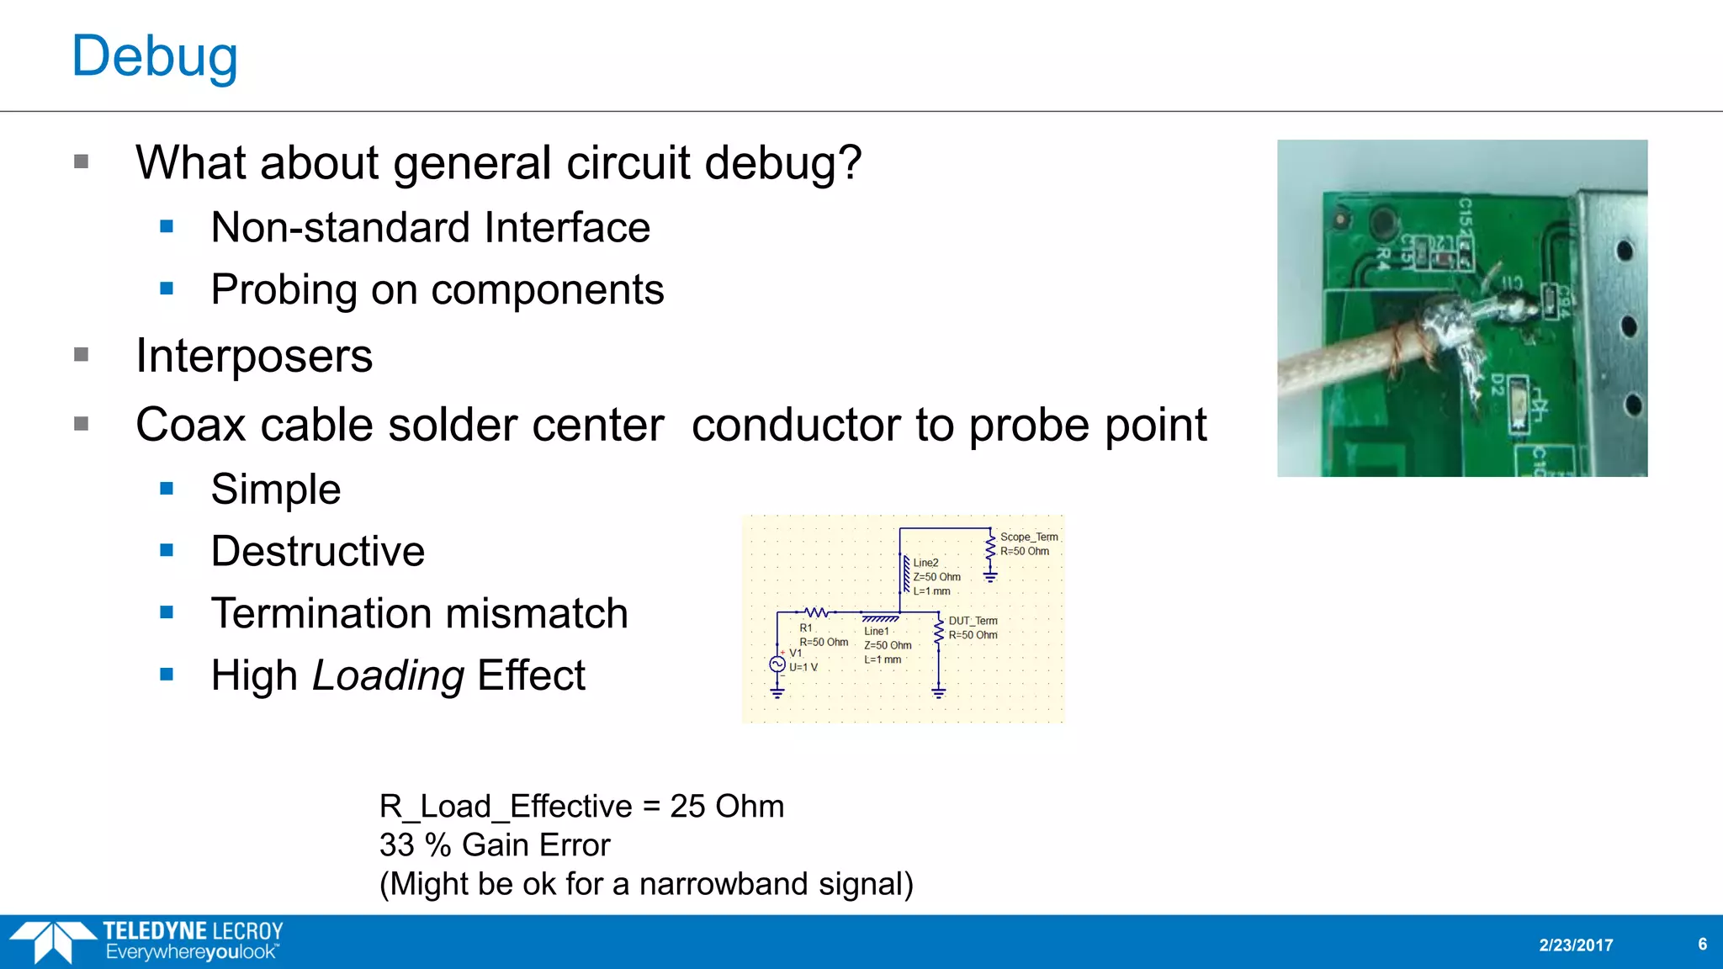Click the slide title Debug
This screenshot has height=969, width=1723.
tap(155, 57)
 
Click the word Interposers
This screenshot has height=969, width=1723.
tap(253, 356)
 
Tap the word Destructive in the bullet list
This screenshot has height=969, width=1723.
tap(317, 552)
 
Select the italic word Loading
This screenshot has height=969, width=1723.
tap(388, 675)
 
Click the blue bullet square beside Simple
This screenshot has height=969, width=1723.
tap(167, 489)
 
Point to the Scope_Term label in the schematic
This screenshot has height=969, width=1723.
tap(1028, 537)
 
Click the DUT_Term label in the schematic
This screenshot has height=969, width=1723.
tap(973, 621)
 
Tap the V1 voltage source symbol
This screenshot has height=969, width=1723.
tap(777, 665)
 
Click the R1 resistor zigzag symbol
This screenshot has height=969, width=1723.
tap(816, 612)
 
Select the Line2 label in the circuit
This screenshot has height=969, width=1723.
tap(925, 563)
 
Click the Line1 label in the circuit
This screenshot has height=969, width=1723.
tap(876, 631)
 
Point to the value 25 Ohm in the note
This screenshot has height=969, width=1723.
tap(727, 807)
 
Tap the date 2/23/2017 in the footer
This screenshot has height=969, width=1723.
tap(1576, 945)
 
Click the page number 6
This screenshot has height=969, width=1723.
tap(1702, 945)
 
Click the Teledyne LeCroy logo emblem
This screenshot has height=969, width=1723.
tap(52, 941)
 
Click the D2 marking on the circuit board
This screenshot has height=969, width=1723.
tap(1498, 385)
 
